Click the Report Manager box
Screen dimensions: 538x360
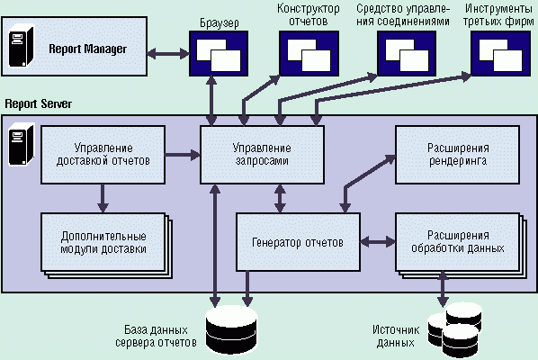75,46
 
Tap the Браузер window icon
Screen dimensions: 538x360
219,53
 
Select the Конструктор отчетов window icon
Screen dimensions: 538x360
309,53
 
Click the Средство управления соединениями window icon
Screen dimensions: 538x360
407,53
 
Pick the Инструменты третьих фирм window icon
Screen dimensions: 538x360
500,53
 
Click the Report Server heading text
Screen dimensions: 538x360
39,103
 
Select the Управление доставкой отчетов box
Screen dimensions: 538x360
103,155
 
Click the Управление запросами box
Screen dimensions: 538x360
262,155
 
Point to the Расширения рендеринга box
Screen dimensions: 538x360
457,155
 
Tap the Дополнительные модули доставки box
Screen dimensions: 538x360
103,243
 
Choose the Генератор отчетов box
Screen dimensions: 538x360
298,242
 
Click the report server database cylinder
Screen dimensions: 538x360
231,330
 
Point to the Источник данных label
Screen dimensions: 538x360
396,337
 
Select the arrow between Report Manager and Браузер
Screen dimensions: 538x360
168,54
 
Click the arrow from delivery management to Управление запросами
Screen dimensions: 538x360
183,155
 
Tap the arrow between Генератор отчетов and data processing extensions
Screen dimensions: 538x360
378,241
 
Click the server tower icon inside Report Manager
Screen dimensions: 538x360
22,46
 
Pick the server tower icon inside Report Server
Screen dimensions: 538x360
22,145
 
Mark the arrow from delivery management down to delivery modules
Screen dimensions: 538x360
103,198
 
